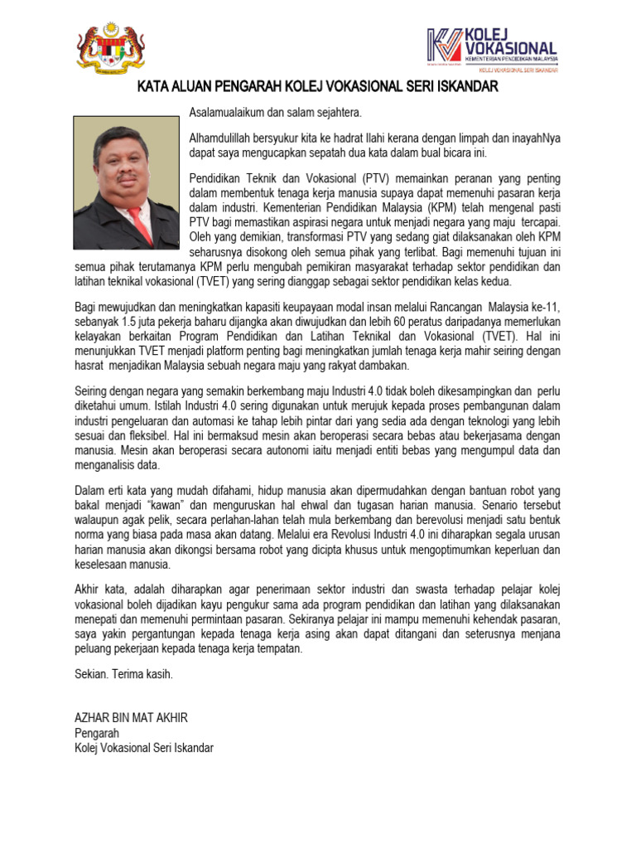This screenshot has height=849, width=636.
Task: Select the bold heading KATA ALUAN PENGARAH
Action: (x=317, y=87)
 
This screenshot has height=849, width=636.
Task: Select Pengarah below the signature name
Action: (x=97, y=733)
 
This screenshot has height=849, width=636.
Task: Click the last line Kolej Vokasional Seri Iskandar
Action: (x=144, y=748)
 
